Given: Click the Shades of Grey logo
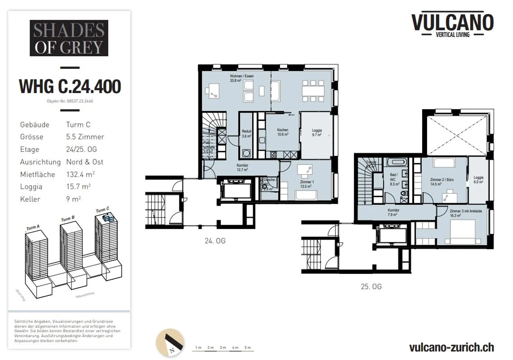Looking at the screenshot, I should coord(69,38).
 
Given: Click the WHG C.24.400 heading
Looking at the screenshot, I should coord(70,87).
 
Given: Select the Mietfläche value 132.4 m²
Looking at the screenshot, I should coord(80,174).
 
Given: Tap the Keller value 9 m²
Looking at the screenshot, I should coord(73,199).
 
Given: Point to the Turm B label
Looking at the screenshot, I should coord(68,218).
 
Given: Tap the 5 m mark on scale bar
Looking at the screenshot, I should coord(248,348).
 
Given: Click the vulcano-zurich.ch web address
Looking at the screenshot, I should coord(451,347).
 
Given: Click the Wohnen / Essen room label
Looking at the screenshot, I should coord(242,78).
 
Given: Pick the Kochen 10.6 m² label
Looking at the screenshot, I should coord(283,132).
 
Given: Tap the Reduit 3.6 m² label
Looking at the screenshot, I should coord(247,133).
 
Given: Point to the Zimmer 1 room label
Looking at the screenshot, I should coord(306,184).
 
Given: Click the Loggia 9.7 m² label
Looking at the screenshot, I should coord(317,132).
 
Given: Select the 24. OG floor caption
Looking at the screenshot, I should coord(215,241).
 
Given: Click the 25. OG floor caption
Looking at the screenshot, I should coord(371,287).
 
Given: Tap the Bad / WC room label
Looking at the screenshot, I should coord(394,179).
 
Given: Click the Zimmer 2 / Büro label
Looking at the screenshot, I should coord(442,182).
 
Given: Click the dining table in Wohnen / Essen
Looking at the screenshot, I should coord(313,91).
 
